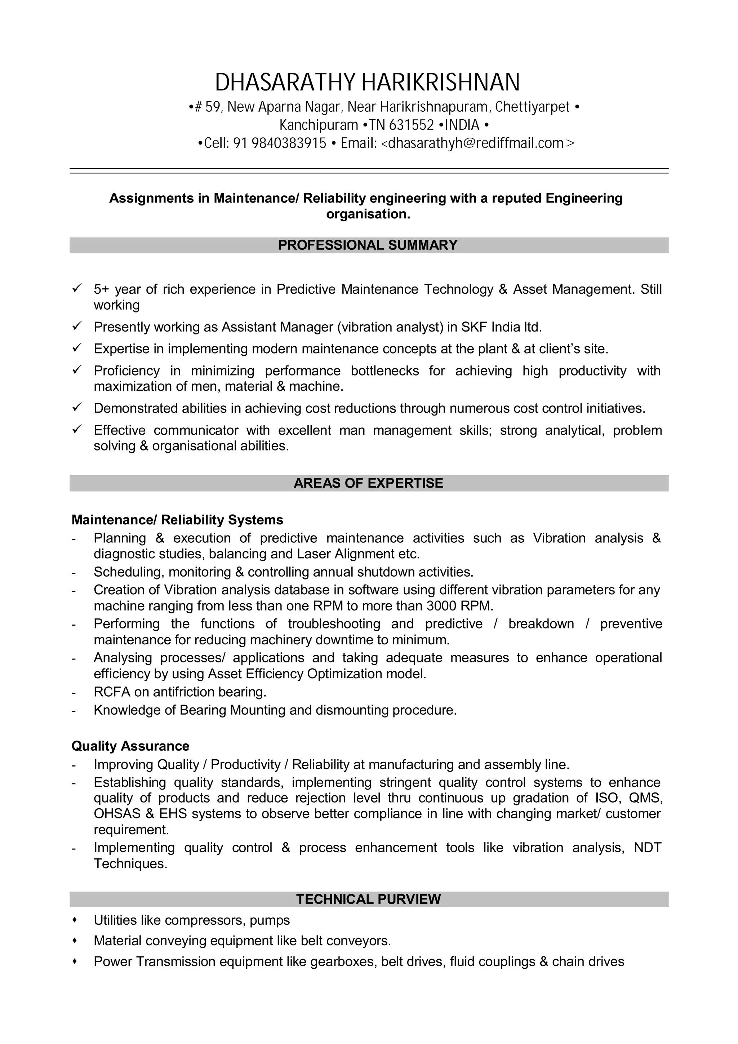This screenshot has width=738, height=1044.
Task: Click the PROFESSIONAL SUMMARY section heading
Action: pos(368,245)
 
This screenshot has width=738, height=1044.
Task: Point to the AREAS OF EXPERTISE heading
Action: pos(368,483)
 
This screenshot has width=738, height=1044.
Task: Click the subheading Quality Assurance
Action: pos(130,746)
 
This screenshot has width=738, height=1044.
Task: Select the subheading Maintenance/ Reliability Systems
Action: pos(177,520)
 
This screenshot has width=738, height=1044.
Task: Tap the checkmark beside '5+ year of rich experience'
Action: pos(77,288)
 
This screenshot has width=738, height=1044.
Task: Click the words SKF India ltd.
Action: pos(501,327)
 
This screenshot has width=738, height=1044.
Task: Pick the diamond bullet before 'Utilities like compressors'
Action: pos(75,920)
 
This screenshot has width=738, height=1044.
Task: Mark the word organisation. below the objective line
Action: pos(368,214)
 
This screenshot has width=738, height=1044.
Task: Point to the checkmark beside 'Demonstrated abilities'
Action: pos(77,407)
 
